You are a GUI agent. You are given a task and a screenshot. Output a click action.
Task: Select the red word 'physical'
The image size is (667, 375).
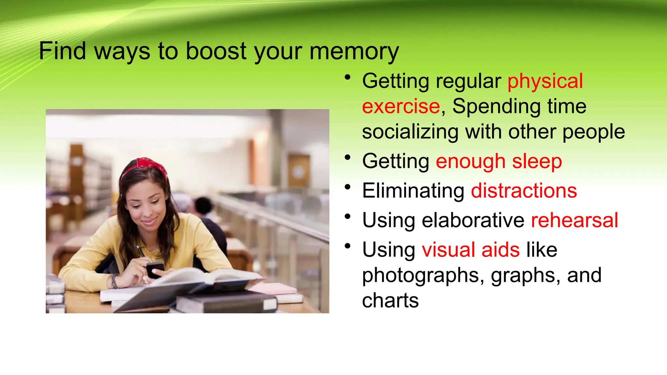545,81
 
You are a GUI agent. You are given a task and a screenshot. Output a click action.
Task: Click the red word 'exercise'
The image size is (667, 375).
401,106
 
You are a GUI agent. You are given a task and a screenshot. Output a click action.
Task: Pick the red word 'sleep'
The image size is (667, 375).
537,161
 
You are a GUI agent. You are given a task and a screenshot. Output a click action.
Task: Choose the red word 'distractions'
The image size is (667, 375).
524,191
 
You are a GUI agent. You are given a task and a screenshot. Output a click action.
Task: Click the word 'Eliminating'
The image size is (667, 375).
413,191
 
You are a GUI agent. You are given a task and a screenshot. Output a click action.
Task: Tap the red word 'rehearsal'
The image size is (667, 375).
574,220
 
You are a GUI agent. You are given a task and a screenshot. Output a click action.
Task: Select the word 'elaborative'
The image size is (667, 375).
473,220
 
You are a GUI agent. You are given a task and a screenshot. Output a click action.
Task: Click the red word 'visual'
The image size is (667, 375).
448,250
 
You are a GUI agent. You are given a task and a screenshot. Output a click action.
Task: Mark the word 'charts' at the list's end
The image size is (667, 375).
390,300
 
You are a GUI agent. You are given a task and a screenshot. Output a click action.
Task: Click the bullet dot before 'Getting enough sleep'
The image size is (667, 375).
348,158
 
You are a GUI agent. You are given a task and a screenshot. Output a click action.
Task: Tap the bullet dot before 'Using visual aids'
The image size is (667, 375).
348,246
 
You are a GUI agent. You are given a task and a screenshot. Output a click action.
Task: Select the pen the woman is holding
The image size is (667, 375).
141,252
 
